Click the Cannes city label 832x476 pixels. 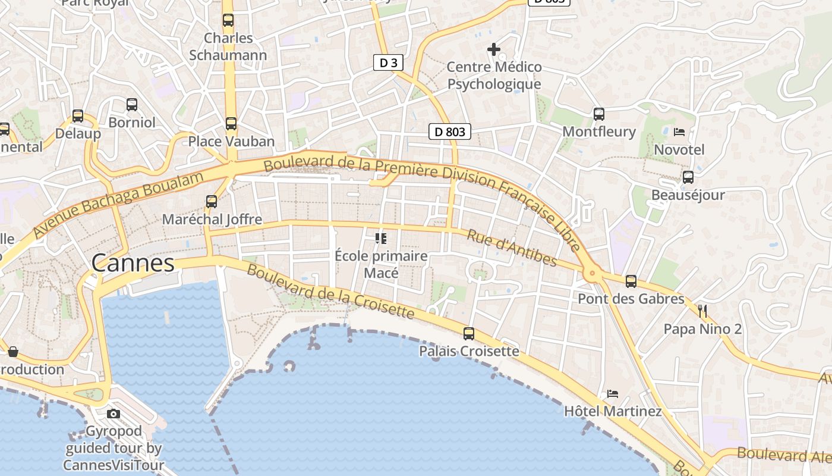coord(133,262)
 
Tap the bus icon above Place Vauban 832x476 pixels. coord(231,124)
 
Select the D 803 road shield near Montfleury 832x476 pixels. coord(450,131)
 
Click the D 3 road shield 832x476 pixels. coord(385,62)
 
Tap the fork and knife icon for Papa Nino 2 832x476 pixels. coord(702,311)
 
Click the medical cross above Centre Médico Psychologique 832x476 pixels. coord(494,49)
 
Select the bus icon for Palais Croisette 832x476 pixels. coord(469,334)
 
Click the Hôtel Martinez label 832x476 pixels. coord(613,411)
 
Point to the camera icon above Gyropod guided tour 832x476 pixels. coord(114,414)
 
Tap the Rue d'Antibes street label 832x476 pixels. coord(512,248)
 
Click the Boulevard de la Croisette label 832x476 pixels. coord(330,291)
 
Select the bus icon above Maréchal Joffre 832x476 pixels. coord(212,201)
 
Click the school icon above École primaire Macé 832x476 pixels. coord(381,239)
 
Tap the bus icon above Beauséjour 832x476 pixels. coord(688,177)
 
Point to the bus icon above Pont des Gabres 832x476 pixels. coord(631,281)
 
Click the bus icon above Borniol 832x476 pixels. coord(132,105)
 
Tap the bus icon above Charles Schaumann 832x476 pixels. coord(228,20)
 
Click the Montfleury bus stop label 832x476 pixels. coord(599,131)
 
